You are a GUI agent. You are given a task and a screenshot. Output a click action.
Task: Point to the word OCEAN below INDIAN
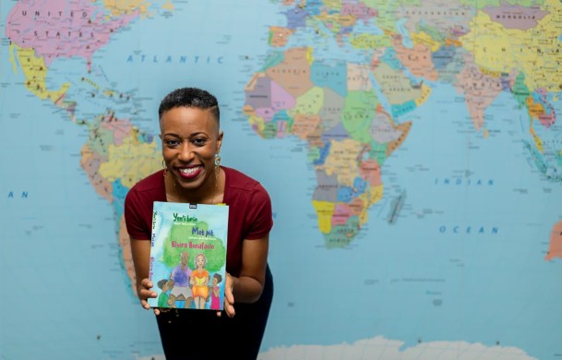(x=468, y=229)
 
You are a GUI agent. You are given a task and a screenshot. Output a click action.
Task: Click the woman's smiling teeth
(x=190, y=171)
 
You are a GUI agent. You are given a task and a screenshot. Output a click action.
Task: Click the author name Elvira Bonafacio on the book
(x=191, y=245)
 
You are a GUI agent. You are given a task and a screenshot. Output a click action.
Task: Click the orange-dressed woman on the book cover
(x=199, y=281)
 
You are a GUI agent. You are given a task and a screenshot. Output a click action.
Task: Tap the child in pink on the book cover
(x=215, y=294)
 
